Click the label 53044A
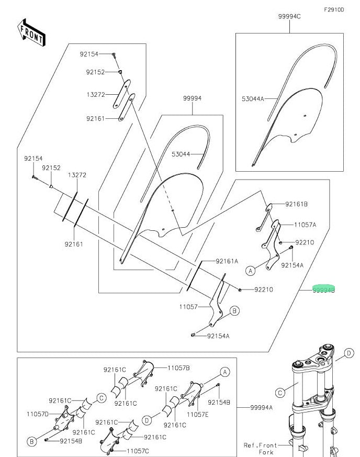[253, 98]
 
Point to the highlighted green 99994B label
[323, 288]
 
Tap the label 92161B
[296, 204]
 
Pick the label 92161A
[227, 261]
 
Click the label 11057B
[178, 368]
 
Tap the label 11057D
[38, 414]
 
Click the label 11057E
[198, 414]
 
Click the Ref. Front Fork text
[258, 449]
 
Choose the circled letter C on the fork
[280, 392]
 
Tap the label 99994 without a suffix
[192, 98]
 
